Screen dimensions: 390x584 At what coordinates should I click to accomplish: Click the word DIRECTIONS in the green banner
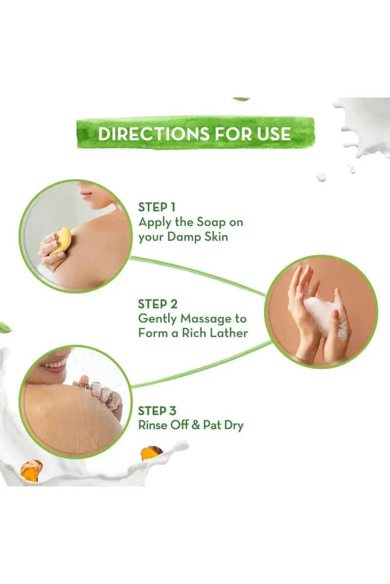coord(154,133)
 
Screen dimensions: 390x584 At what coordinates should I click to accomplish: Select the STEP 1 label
coord(156,207)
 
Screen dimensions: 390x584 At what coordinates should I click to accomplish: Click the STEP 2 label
coord(157,304)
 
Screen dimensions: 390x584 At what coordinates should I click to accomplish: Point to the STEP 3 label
coord(157,411)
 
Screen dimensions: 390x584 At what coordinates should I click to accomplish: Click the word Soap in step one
coord(211,222)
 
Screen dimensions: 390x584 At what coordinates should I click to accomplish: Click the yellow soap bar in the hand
coord(60,241)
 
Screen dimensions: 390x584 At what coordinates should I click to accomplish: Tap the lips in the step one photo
coord(84,194)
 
